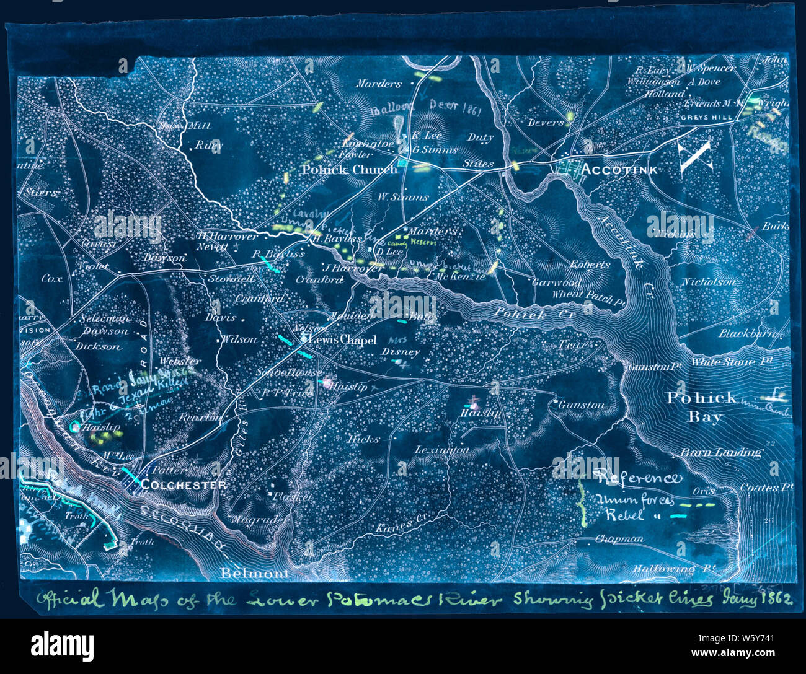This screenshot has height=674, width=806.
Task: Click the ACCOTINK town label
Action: pos(619,170)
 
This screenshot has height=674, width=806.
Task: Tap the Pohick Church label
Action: pos(350,169)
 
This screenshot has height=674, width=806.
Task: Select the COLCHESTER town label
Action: pos(184,484)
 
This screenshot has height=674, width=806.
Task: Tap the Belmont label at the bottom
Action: pos(254,574)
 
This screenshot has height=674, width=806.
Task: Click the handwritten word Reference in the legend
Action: pos(638,478)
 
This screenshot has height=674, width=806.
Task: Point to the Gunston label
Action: pos(581,405)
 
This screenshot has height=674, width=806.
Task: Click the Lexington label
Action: pos(442,449)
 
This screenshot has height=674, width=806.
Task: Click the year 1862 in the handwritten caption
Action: pos(774,600)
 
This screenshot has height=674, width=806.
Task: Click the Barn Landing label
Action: pos(720,452)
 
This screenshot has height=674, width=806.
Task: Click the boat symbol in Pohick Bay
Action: pos(776,395)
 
